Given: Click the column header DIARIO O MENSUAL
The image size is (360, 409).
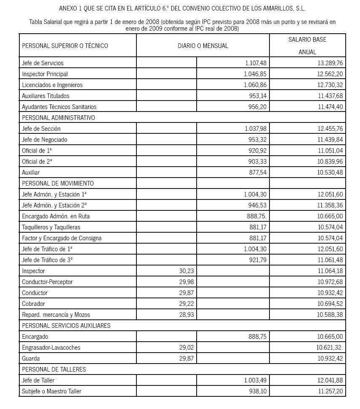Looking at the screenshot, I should (203, 45).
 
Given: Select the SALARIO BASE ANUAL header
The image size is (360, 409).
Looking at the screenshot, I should (307, 45).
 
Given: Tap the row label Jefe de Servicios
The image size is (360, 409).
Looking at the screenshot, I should (43, 63).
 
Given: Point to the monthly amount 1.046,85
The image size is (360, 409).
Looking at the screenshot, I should (255, 74).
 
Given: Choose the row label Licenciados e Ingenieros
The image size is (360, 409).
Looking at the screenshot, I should (52, 85).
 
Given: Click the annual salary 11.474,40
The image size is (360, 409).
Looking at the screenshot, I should (330, 107).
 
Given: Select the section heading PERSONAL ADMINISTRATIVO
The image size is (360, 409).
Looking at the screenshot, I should (59, 118).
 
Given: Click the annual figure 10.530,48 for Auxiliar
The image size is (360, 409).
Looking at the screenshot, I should (330, 173).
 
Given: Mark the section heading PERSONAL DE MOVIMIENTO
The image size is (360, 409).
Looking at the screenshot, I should (58, 183).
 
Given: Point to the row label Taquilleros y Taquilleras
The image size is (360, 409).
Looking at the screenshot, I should (51, 227).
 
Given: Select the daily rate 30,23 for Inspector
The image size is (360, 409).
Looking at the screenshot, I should (187, 271).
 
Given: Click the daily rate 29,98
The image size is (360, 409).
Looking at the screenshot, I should (187, 282).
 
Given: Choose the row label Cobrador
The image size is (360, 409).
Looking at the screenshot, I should (33, 304).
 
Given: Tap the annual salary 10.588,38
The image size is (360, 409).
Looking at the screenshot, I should (330, 315).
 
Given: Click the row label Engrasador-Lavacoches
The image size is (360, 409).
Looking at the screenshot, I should (51, 348).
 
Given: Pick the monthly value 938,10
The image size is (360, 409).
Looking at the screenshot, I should (258, 391).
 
